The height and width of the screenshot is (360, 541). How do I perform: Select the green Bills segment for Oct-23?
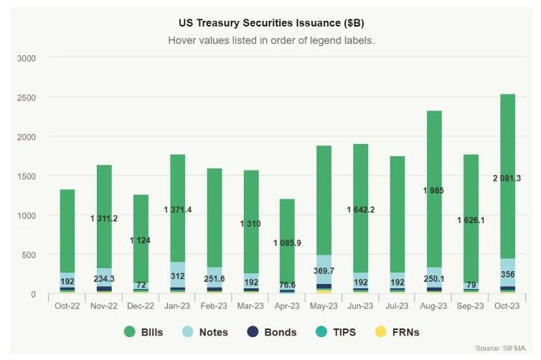507,143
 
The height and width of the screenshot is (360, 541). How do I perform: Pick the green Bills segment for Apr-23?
286,215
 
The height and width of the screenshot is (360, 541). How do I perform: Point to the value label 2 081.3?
507,178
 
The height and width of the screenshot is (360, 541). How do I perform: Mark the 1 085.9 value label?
287,243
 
